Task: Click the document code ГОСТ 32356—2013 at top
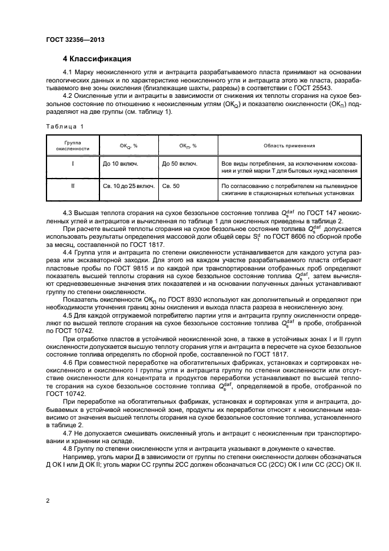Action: pyautogui.click(x=71, y=39)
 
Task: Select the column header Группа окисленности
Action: pyautogui.click(x=72, y=146)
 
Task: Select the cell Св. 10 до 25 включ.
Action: pyautogui.click(x=128, y=186)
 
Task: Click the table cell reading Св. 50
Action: pyautogui.click(x=172, y=186)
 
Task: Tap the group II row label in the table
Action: pyautogui.click(x=72, y=186)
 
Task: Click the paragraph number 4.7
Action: pyautogui.click(x=68, y=435)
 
